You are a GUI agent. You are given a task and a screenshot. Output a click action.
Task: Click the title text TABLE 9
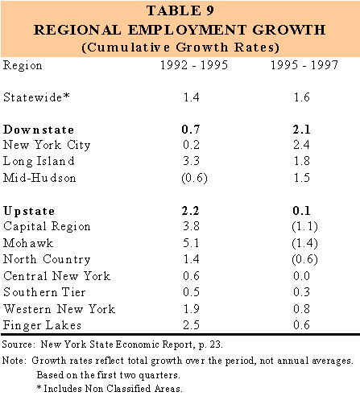coord(180,10)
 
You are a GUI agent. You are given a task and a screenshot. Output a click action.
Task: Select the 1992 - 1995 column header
coord(194,65)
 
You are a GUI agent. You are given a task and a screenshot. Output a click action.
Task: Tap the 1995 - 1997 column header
coord(304,65)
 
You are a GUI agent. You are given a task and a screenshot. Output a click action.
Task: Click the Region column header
coord(23,66)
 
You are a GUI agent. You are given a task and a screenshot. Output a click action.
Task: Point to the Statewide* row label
coord(36,97)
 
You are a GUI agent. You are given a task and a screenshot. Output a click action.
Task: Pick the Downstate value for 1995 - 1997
coord(301,130)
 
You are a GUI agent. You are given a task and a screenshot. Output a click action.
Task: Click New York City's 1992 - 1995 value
coord(191,145)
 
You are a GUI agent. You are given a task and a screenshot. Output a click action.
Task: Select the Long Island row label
coord(39,161)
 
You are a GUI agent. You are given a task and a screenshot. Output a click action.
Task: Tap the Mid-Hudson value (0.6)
coord(194,178)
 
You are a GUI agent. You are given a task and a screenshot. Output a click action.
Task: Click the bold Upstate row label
coord(29,212)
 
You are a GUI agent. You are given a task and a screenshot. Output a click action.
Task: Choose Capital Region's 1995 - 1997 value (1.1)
coord(304,227)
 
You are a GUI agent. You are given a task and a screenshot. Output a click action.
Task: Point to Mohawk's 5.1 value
coord(191,243)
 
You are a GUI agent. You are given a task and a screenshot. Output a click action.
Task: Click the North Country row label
coord(47,259)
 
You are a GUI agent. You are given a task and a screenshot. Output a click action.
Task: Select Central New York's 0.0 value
coord(301,276)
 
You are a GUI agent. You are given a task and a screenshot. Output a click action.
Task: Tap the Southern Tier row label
coord(44,292)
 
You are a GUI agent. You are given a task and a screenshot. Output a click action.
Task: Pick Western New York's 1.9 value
coord(191,309)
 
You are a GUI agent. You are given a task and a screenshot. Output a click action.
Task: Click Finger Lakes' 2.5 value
coord(191,325)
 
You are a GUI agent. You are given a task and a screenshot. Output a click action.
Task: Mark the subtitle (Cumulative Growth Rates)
coord(180,47)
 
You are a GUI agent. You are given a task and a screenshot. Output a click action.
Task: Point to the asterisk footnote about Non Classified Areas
coord(110,389)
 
